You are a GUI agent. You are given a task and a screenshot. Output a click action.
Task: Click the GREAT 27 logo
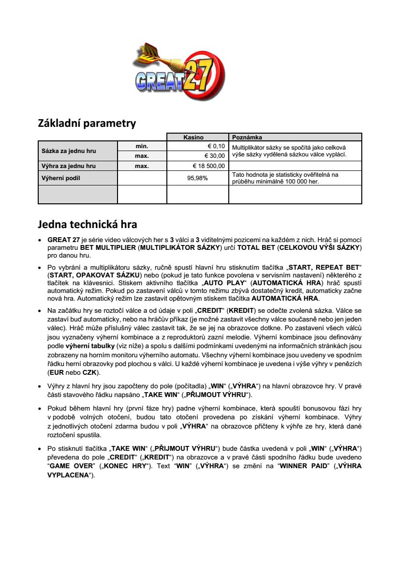pos(178,74)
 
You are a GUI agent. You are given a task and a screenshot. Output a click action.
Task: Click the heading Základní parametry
pos(87,123)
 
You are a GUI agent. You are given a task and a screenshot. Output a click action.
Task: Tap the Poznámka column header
pos(247,138)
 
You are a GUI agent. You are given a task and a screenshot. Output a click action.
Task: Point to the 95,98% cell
pos(197,178)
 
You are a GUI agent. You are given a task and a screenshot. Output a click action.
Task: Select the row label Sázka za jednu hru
pos(68,151)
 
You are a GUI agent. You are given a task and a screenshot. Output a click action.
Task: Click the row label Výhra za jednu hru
pos(69,166)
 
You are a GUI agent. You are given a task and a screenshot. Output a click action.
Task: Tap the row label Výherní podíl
pos(61,178)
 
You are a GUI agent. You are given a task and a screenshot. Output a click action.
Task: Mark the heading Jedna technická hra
pos(88,224)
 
